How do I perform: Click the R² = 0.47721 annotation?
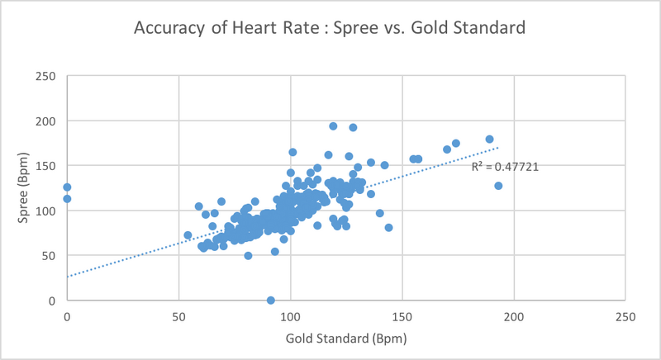coord(505,167)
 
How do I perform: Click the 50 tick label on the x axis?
coord(178,316)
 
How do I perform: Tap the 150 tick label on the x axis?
coord(402,316)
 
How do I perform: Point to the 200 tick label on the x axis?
coord(514,316)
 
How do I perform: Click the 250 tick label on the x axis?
coord(625,316)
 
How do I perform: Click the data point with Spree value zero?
coord(271,301)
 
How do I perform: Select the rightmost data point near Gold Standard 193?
coord(498,186)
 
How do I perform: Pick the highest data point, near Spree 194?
coord(333,126)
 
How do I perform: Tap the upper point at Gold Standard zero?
coord(67,187)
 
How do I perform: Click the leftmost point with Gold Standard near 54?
coord(188,235)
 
